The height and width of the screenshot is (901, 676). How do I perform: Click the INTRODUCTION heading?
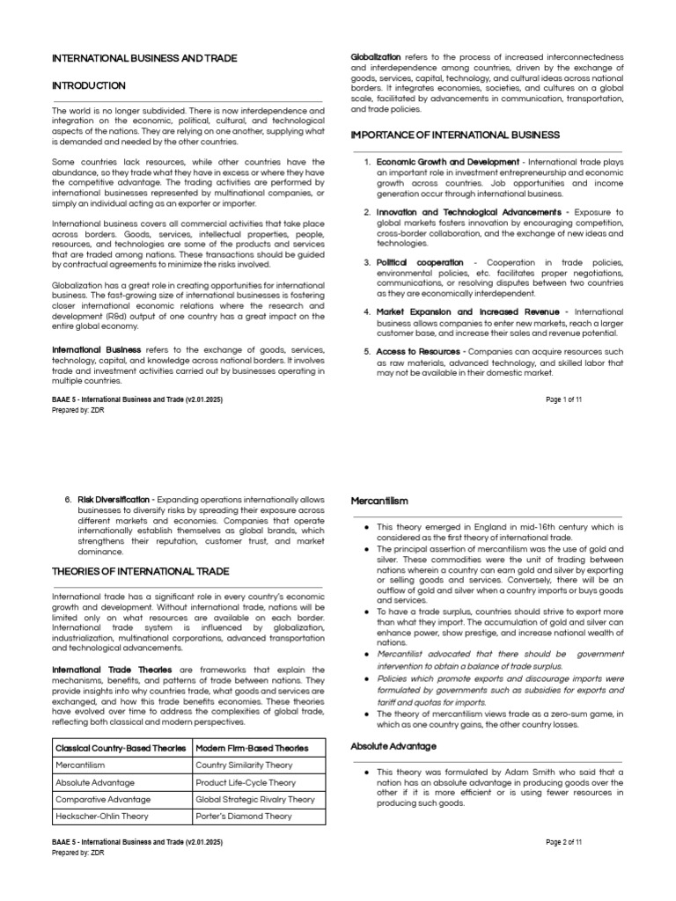click(x=89, y=85)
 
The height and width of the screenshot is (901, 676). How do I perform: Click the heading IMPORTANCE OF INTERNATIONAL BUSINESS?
click(x=455, y=135)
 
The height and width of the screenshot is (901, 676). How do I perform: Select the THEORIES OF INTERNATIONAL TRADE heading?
click(x=141, y=571)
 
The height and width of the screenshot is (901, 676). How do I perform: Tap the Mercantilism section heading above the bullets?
click(x=379, y=501)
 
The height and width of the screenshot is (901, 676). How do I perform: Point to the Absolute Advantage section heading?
click(x=393, y=746)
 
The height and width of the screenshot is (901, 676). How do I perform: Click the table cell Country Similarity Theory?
click(x=244, y=765)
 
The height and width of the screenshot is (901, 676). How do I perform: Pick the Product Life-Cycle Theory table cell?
click(x=246, y=782)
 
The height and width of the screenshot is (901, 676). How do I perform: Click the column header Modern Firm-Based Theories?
click(x=252, y=748)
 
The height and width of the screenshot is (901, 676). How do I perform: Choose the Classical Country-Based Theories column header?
click(x=120, y=748)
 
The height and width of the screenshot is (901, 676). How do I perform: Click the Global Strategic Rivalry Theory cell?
click(x=254, y=799)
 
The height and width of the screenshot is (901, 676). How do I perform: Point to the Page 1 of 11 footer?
click(x=564, y=399)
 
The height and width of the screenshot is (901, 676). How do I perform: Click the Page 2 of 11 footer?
click(x=564, y=842)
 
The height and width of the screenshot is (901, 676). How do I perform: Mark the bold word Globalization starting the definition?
click(x=376, y=56)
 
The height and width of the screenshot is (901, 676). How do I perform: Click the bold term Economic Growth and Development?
click(x=447, y=162)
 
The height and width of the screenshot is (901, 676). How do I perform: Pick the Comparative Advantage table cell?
click(x=103, y=799)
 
